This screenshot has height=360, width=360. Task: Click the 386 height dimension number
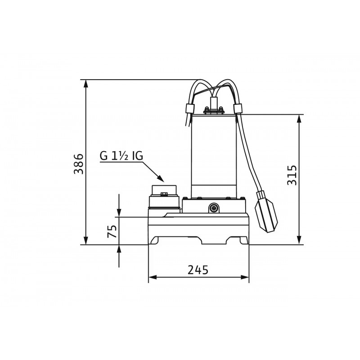point(78,163)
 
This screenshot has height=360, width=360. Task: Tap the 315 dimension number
point(292,175)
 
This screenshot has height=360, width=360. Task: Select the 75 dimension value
point(112,231)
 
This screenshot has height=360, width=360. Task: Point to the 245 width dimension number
point(198,270)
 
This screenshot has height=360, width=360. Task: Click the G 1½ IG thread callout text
point(121,156)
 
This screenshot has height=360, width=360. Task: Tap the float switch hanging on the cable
point(266,211)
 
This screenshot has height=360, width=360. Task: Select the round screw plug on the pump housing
point(214,208)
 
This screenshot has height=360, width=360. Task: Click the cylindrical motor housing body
point(214,156)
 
